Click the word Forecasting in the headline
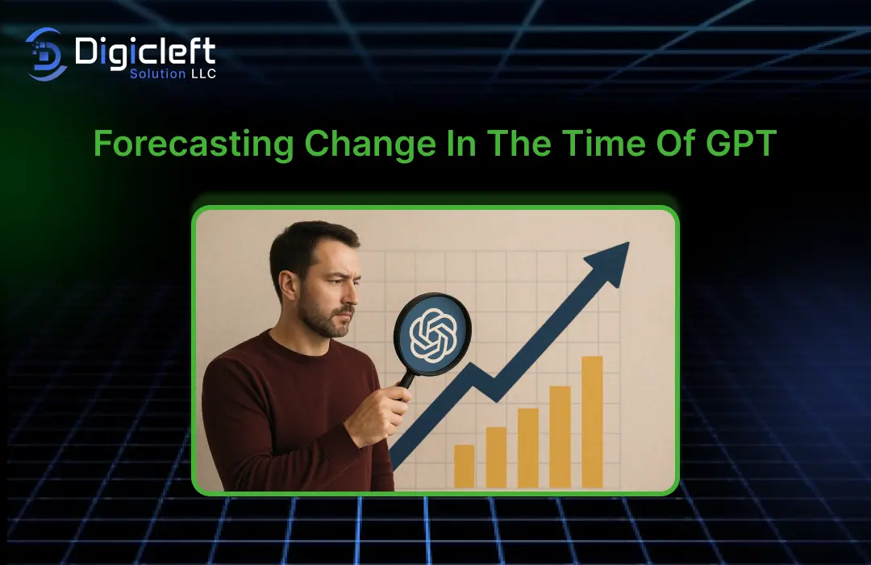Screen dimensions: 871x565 click(194, 144)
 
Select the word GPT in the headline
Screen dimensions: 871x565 click(741, 143)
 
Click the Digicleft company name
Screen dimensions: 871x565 click(145, 52)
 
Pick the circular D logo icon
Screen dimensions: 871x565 click(46, 54)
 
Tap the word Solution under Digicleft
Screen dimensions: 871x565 click(158, 73)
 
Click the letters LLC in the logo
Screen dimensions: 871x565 click(203, 73)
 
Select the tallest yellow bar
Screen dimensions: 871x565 click(592, 422)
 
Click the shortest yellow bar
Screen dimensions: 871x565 click(465, 466)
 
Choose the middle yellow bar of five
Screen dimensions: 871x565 click(528, 448)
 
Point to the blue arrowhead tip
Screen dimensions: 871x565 click(628, 243)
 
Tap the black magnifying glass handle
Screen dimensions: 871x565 click(405, 383)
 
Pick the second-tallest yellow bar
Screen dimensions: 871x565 click(560, 437)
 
